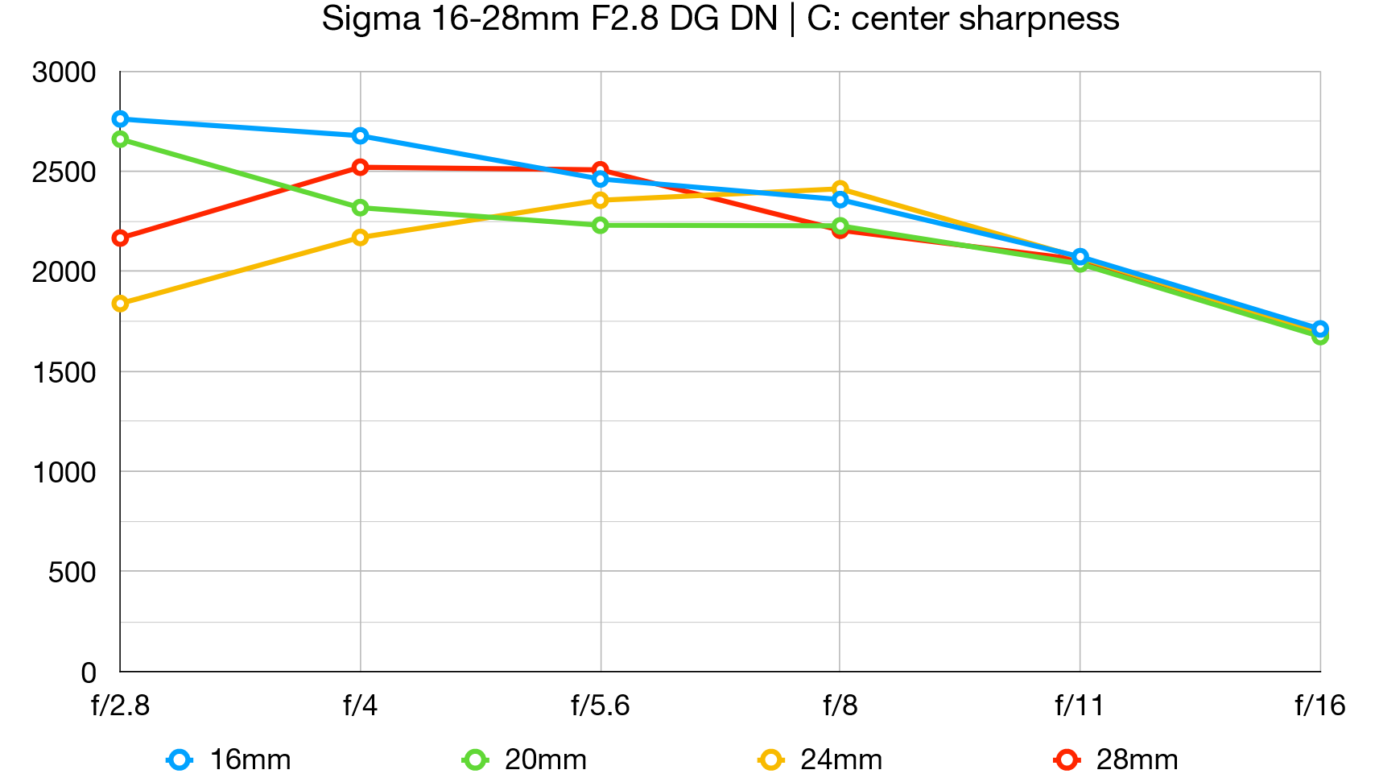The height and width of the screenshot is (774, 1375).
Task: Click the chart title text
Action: pos(720,19)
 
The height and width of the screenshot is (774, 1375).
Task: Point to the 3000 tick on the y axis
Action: pos(64,72)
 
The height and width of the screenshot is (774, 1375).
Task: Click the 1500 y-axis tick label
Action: pos(64,372)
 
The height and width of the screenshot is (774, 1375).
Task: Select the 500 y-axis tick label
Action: pos(72,573)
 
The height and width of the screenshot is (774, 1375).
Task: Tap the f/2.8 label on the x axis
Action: pos(121,706)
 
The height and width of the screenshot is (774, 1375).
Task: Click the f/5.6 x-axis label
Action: pos(600,706)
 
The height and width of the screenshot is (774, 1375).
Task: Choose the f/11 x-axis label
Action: pos(1080,706)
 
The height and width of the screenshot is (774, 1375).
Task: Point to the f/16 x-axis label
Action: pos(1319,706)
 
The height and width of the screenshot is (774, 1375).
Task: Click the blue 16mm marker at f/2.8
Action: pos(121,119)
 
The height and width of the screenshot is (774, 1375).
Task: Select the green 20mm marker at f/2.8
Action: pos(121,139)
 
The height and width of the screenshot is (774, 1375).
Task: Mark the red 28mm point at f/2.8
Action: pos(121,238)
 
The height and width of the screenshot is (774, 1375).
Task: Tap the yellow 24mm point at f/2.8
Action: pos(121,304)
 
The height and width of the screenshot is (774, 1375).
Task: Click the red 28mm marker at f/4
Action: pos(360,168)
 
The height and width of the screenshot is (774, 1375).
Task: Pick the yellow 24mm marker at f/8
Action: pos(840,189)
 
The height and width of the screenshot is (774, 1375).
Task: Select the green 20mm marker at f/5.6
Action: pos(600,226)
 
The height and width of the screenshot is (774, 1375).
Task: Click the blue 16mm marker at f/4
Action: pos(360,135)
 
